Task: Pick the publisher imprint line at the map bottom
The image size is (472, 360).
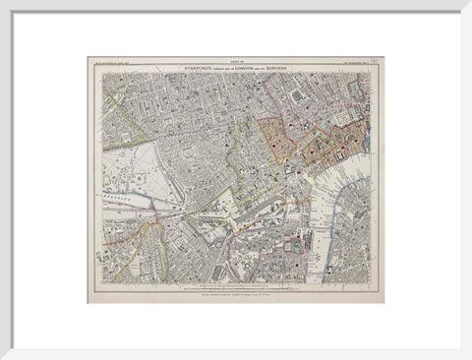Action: pos(235,295)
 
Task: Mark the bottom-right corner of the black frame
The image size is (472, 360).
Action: pos(470,358)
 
